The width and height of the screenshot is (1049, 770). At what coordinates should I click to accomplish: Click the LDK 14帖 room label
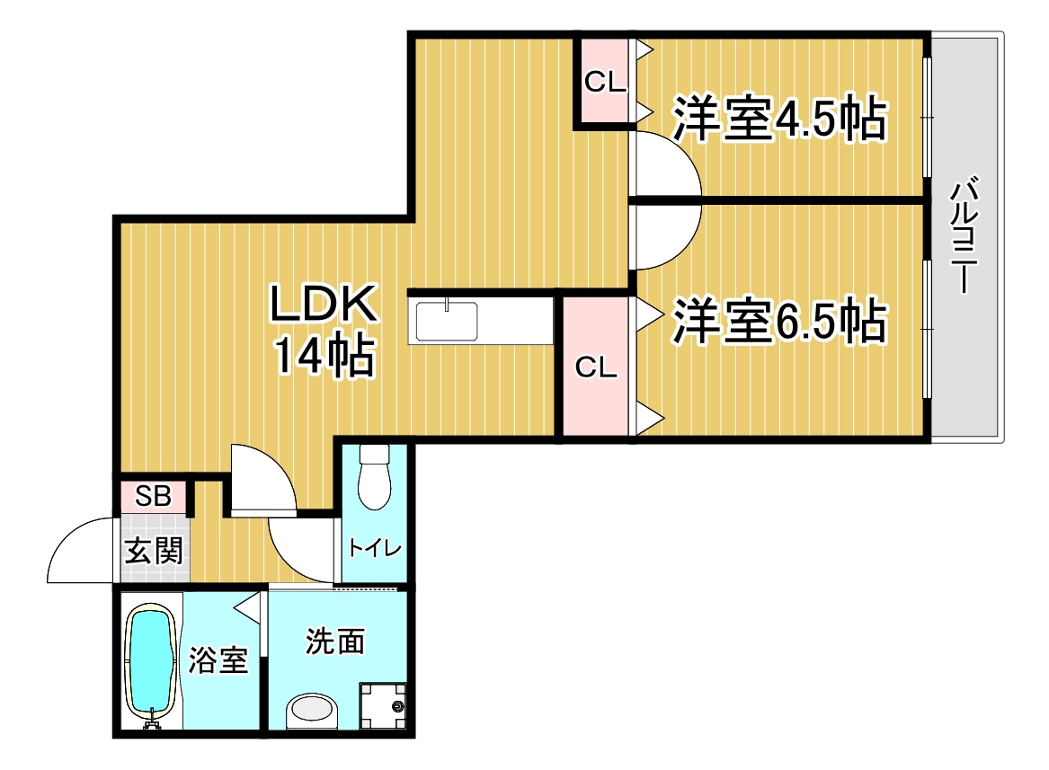(324, 329)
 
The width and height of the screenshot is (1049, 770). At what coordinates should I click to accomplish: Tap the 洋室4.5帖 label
(779, 119)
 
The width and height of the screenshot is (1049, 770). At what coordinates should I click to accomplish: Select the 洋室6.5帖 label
(779, 321)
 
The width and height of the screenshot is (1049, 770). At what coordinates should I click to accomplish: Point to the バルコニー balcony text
(964, 235)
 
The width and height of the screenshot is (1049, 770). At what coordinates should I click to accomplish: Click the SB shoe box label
(153, 496)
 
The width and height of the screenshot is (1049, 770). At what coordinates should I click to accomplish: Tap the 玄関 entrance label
(154, 550)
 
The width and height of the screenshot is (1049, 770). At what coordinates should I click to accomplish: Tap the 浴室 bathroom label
(218, 660)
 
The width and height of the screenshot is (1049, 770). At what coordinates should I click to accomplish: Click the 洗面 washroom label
(335, 641)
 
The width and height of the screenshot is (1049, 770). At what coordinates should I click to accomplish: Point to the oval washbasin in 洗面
(313, 711)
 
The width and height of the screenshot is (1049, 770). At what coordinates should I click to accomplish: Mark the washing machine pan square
(383, 706)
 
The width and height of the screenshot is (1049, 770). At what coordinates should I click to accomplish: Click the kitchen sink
(447, 322)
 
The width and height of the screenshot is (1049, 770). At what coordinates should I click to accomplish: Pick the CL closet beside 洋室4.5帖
(605, 81)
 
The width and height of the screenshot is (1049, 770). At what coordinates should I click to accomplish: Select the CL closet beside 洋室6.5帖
(595, 367)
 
